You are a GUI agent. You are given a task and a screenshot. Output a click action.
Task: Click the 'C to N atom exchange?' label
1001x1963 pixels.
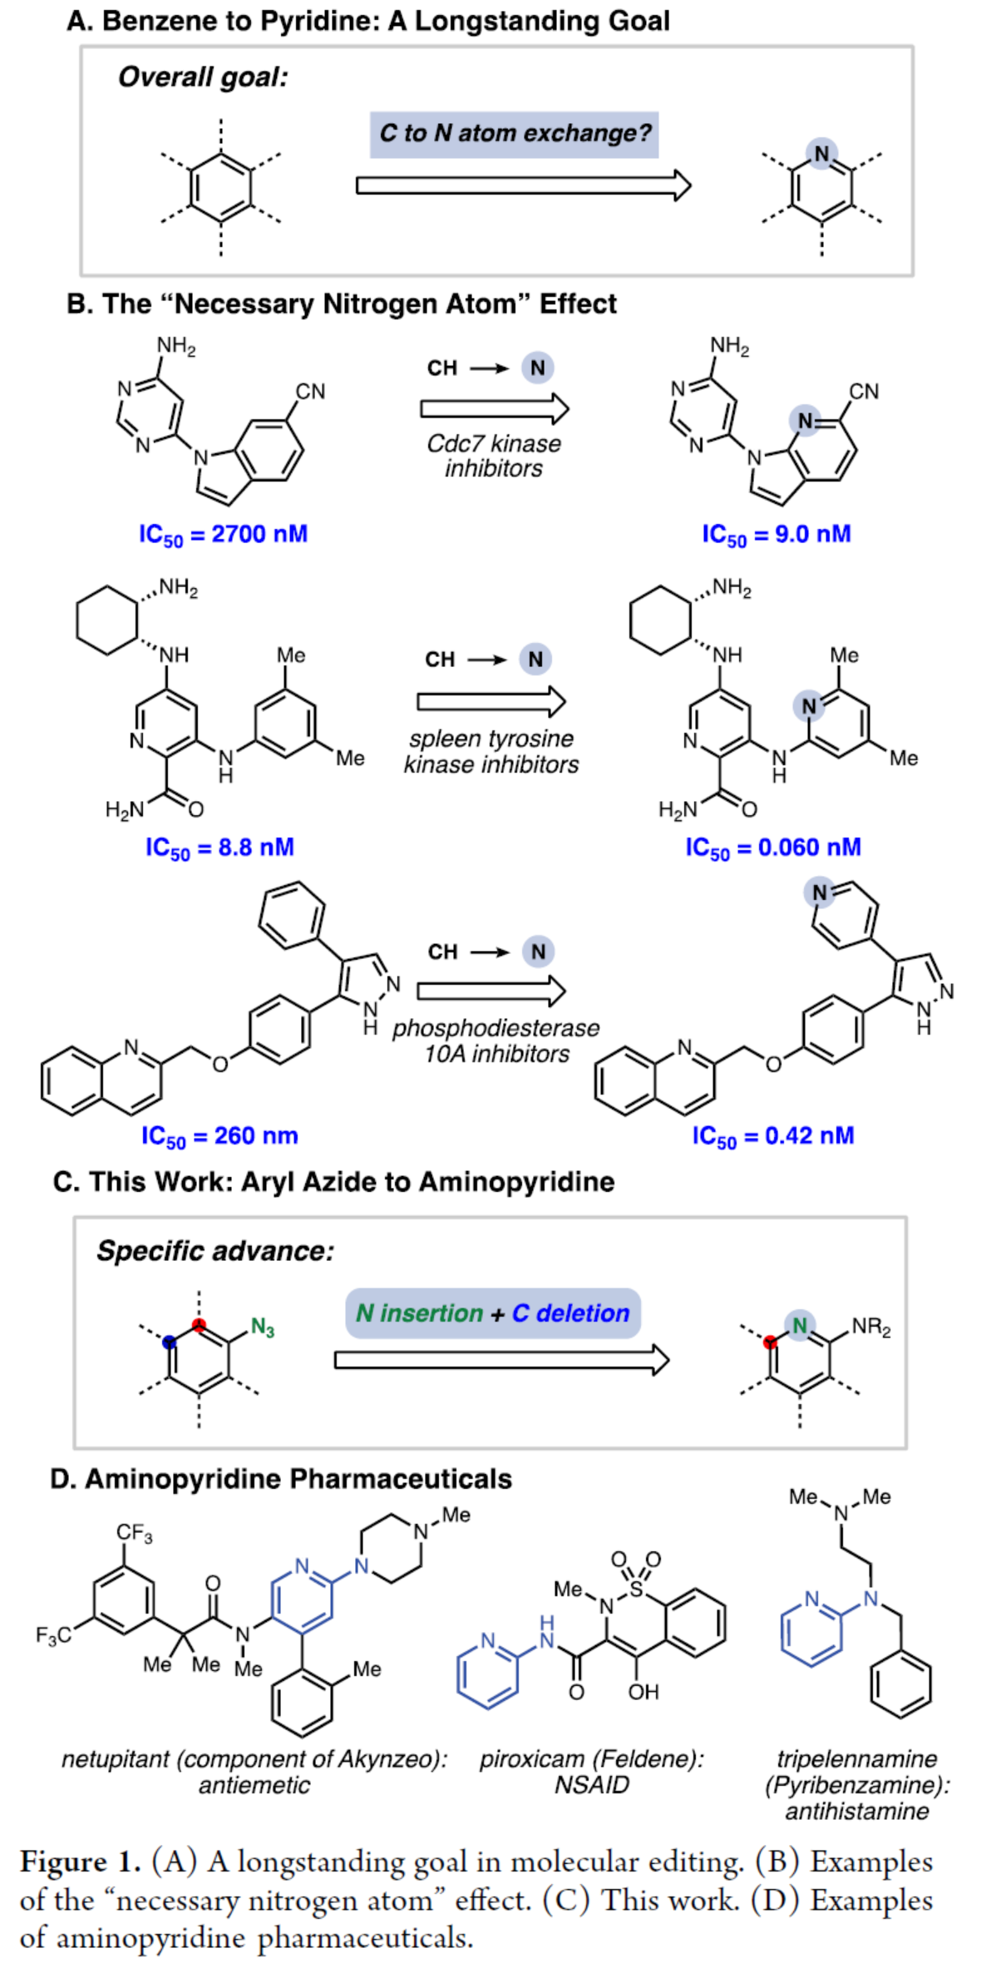[514, 134]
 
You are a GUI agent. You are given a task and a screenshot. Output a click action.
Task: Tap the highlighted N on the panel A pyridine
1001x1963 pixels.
[821, 154]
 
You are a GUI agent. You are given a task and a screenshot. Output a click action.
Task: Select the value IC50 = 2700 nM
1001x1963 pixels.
[223, 535]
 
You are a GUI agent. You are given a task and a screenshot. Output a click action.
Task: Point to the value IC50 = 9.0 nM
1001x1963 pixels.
[777, 535]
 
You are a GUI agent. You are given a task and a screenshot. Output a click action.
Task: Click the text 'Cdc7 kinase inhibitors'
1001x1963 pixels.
[494, 456]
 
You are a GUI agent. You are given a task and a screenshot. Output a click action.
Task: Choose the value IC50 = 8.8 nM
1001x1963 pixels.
[219, 848]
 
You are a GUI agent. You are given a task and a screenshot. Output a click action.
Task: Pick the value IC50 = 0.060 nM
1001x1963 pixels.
[772, 848]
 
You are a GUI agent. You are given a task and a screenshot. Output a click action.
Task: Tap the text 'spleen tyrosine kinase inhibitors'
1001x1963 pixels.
[491, 751]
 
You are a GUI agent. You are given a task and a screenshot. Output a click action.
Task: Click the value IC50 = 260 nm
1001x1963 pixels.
[219, 1136]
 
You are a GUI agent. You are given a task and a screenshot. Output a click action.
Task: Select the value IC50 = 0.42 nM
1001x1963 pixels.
[772, 1136]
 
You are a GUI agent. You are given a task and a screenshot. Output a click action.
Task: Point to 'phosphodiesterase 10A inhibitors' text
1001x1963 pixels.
[496, 1041]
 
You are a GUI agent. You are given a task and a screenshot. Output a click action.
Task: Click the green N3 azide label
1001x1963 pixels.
[263, 1328]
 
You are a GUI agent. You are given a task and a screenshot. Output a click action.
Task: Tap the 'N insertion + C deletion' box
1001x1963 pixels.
[493, 1313]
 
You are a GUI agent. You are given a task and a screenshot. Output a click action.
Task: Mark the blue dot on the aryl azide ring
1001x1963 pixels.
[170, 1341]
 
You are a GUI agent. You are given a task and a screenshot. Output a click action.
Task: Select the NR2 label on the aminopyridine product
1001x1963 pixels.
[870, 1327]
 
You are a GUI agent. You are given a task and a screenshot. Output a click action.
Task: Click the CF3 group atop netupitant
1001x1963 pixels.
[134, 1533]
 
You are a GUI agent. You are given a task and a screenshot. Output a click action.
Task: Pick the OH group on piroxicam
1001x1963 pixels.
[643, 1692]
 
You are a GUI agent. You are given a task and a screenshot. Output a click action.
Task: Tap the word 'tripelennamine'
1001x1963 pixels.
[856, 1759]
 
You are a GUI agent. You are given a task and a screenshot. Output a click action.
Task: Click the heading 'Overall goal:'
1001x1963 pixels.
[203, 77]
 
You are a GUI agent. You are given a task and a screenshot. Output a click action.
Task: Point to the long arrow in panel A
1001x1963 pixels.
[524, 185]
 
